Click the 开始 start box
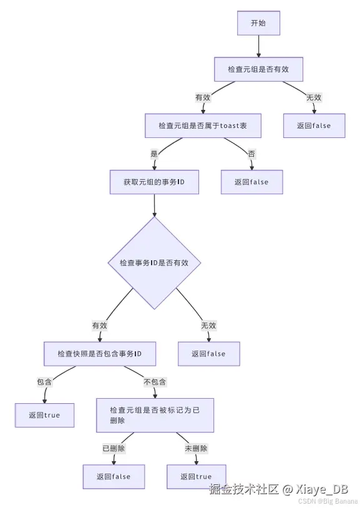[x=258, y=23]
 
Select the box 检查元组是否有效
[x=258, y=69]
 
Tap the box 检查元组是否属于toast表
[x=202, y=125]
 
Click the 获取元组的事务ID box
[x=153, y=182]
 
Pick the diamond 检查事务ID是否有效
[x=153, y=263]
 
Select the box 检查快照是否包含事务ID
[x=99, y=353]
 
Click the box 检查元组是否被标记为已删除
[x=155, y=415]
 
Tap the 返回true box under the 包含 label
[x=44, y=415]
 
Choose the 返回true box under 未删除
[x=196, y=476]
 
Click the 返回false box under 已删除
[x=114, y=476]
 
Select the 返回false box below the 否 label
[x=251, y=182]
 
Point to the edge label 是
[x=153, y=154]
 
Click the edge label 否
[x=251, y=154]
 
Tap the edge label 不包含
[x=155, y=381]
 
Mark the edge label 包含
[x=44, y=381]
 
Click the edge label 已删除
[x=114, y=448]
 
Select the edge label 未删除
[x=196, y=448]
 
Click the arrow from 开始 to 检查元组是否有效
[x=258, y=46]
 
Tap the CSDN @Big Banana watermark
[x=328, y=501]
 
